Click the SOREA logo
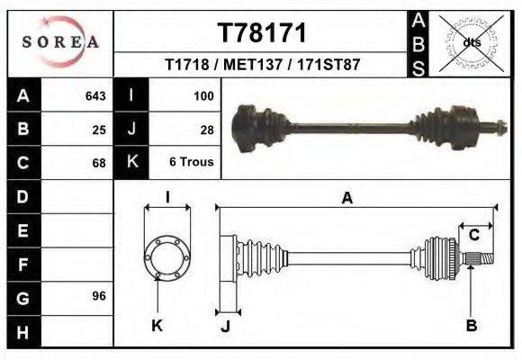(60, 41)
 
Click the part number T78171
(262, 33)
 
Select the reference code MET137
(262, 66)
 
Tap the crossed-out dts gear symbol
(472, 41)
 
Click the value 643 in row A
(94, 94)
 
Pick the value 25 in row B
(99, 129)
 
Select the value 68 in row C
(99, 163)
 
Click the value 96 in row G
(99, 296)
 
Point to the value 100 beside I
(202, 94)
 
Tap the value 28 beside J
(206, 129)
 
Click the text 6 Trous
(192, 163)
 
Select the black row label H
(22, 332)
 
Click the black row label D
(22, 196)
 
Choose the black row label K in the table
(131, 163)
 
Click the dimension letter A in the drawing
(346, 199)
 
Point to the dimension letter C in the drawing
(473, 236)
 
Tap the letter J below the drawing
(225, 326)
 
